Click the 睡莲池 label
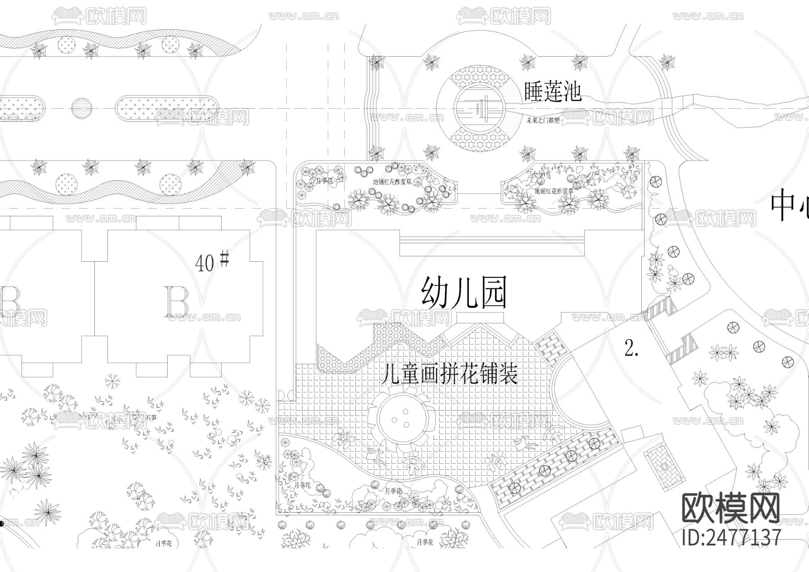click(553, 91)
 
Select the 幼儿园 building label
click(464, 292)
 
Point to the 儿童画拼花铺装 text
click(449, 374)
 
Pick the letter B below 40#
click(177, 302)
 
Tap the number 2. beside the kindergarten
click(631, 348)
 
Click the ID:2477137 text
click(731, 537)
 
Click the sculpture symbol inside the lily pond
click(480, 109)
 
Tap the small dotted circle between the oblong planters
click(82, 108)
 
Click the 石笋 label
click(152, 417)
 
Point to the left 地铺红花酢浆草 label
click(392, 182)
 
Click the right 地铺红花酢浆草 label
click(554, 191)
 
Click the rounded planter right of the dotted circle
click(166, 109)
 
